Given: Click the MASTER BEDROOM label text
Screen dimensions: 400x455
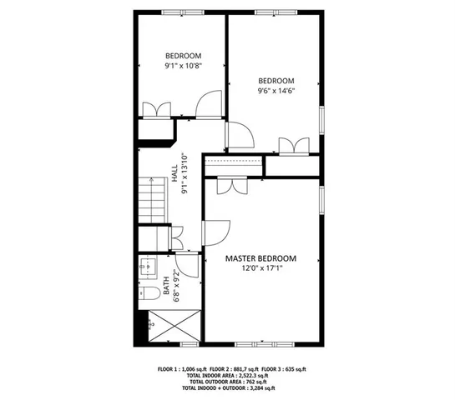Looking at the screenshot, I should coord(261,258).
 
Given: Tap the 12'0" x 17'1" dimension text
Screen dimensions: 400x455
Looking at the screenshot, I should coord(261,268).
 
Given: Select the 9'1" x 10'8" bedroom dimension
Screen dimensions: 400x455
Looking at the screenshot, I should coord(182,65).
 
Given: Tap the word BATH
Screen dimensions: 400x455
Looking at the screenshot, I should coord(166,288).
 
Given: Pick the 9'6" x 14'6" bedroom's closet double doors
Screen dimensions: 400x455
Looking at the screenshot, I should coord(292,147).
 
